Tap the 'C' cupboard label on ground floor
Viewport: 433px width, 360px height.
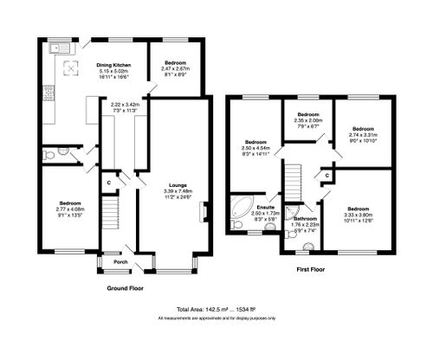[x=108, y=183]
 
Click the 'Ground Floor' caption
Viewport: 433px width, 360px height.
[x=124, y=287]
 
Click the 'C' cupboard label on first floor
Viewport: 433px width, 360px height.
[x=326, y=176]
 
